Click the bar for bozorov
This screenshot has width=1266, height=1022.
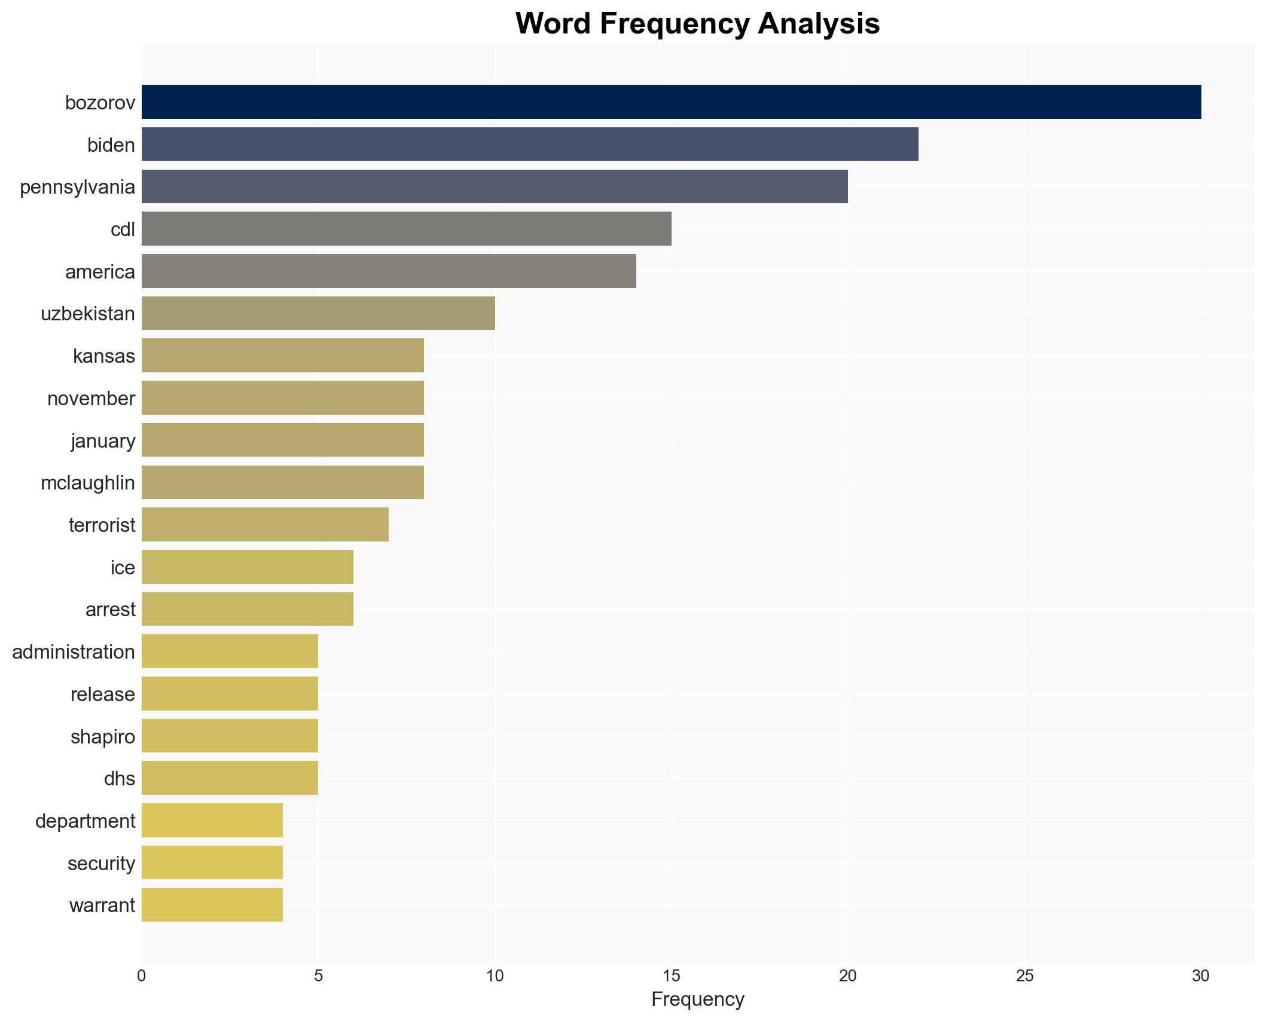[671, 102]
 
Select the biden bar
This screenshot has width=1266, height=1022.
[530, 145]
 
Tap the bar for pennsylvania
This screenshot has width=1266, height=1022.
[495, 186]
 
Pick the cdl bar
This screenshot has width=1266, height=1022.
[406, 229]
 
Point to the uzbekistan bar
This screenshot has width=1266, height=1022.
[318, 313]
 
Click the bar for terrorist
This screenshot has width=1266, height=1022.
[265, 525]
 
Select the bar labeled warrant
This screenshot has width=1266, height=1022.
[212, 905]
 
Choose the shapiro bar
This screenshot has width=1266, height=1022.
[230, 736]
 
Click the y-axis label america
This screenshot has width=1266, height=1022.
[100, 272]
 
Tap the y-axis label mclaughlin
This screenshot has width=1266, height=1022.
[88, 483]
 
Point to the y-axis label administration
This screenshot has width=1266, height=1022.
[74, 652]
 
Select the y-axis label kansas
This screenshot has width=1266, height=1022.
[104, 356]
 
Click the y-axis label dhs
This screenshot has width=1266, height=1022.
[120, 779]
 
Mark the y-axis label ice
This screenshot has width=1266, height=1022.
[123, 568]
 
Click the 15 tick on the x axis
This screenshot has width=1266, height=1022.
[671, 976]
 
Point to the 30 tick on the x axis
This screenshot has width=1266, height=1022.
[1200, 976]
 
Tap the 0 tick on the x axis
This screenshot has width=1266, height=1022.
[142, 976]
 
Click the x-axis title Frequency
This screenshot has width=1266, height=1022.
[697, 999]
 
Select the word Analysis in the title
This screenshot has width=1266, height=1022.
[819, 24]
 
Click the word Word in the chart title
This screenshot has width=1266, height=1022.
[553, 24]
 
